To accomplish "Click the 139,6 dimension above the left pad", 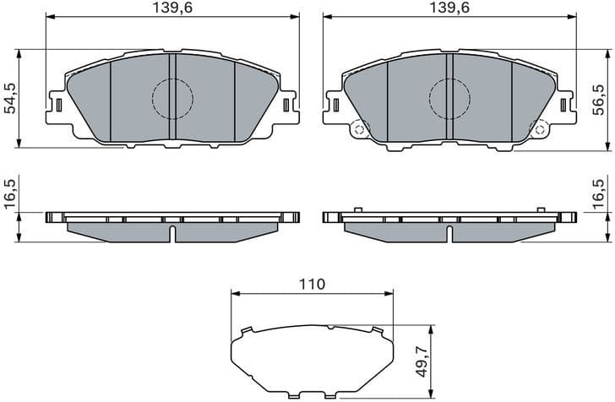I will [173, 8].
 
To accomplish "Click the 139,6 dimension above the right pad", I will [449, 8].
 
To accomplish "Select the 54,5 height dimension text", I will [9, 99].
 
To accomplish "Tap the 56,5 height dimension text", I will [599, 99].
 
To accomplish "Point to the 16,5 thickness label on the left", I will [9, 194].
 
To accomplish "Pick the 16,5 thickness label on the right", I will [599, 194].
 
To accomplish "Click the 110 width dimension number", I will [312, 285].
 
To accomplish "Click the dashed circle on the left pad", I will [172, 98].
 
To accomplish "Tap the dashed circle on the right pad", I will [449, 99].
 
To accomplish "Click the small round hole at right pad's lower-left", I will [358, 129].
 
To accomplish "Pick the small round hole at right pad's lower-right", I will [538, 129].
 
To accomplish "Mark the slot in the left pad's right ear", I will [286, 105].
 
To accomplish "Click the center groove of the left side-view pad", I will [172, 232].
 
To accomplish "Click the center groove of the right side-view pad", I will [449, 232].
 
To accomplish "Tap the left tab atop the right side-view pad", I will [357, 209].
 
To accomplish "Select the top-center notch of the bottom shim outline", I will [329, 328].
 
